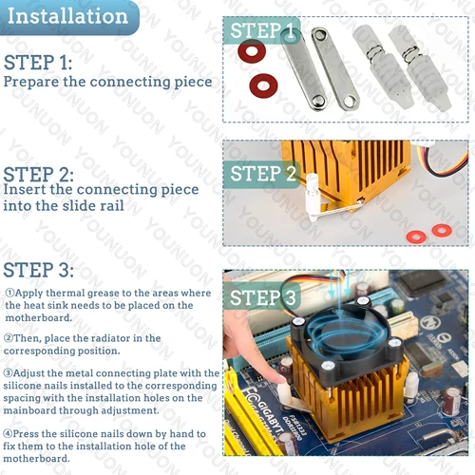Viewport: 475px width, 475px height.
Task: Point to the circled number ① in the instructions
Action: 9,294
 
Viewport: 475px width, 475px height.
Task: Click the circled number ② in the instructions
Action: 9,338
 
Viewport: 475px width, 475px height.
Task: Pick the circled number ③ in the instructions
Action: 9,373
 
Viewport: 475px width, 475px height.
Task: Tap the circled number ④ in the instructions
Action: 9,433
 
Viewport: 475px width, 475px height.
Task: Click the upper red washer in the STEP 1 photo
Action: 251,51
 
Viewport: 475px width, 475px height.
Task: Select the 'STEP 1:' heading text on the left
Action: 38,64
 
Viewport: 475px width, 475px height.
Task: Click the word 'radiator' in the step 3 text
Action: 100,338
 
